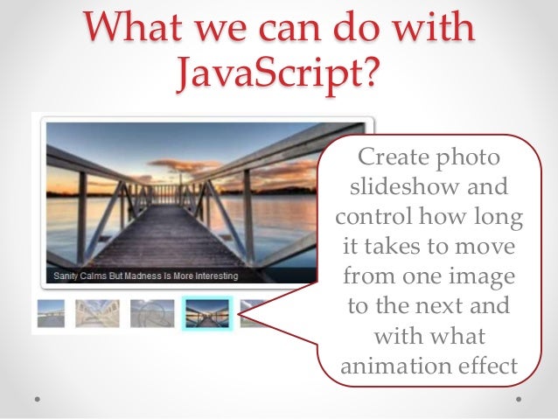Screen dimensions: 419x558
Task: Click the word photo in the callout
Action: [472, 160]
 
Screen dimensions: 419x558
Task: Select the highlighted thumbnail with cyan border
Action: [207, 312]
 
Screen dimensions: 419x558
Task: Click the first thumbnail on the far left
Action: [51, 312]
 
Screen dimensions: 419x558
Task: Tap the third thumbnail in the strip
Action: [152, 312]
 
